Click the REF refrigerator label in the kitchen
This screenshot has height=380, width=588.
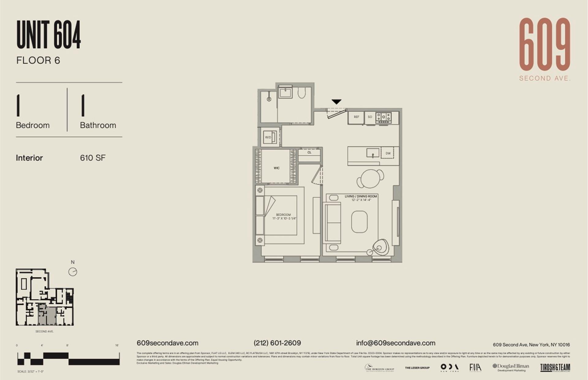pyautogui.click(x=356, y=117)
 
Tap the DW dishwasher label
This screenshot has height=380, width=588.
pyautogui.click(x=388, y=153)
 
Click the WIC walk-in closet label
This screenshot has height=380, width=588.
pyautogui.click(x=276, y=168)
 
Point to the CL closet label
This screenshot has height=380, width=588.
pyautogui.click(x=309, y=152)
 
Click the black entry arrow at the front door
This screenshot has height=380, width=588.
pyautogui.click(x=336, y=102)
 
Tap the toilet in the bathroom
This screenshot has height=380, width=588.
pyautogui.click(x=302, y=93)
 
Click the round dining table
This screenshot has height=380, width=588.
pyautogui.click(x=370, y=178)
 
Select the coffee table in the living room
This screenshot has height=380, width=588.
pyautogui.click(x=359, y=222)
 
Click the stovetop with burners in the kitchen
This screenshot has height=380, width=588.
pyautogui.click(x=384, y=117)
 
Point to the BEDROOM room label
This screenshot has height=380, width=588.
pyautogui.click(x=283, y=215)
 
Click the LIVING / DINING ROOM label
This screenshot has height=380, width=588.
pyautogui.click(x=361, y=196)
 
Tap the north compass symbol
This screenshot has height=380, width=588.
pyautogui.click(x=73, y=272)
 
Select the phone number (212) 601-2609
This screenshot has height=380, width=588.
pyautogui.click(x=277, y=343)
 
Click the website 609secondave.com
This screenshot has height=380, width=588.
pyautogui.click(x=168, y=343)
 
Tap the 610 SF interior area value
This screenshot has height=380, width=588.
pyautogui.click(x=93, y=158)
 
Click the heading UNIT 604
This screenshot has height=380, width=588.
pyautogui.click(x=49, y=35)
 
